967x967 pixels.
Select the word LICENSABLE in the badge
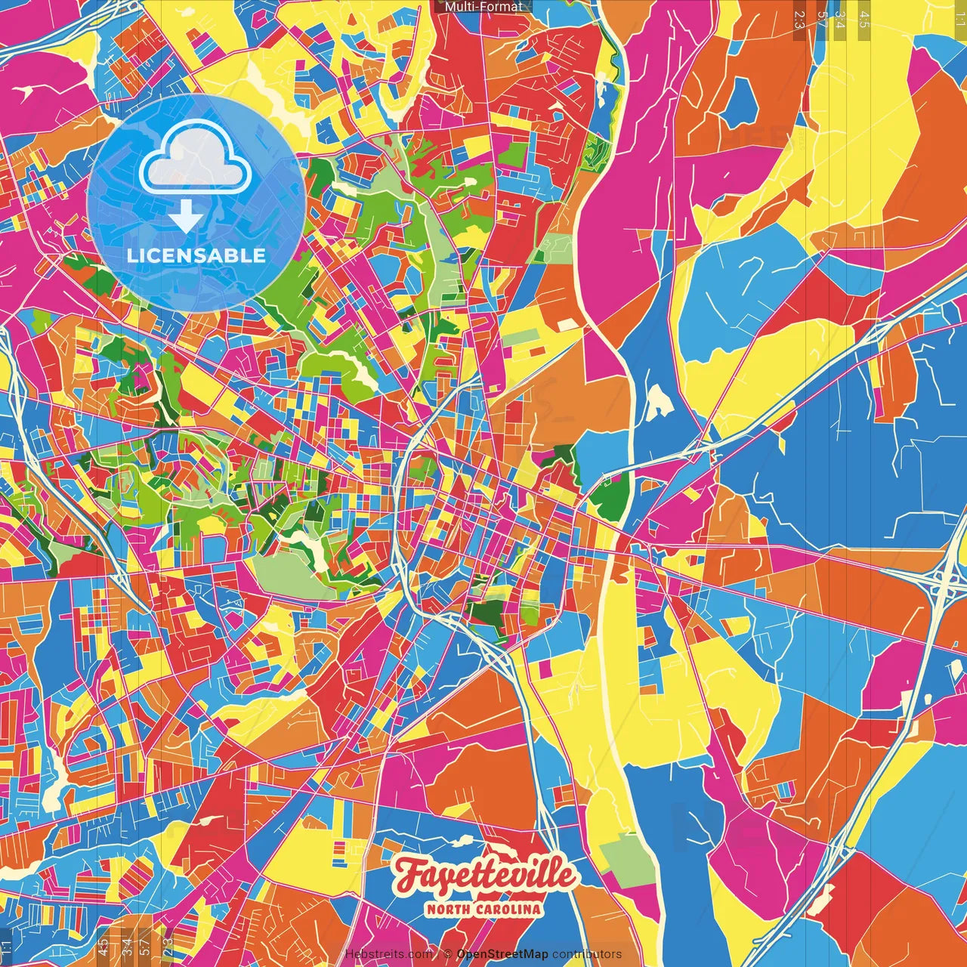196,255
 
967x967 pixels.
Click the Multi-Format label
483,7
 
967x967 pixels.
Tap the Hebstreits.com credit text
388,954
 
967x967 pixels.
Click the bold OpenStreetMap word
502,954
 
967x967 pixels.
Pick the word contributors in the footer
587,954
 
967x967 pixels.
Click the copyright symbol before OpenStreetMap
448,954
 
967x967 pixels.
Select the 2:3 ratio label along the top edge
799,20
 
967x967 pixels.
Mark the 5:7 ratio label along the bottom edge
145,947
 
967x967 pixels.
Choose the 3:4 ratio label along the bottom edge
127,947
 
